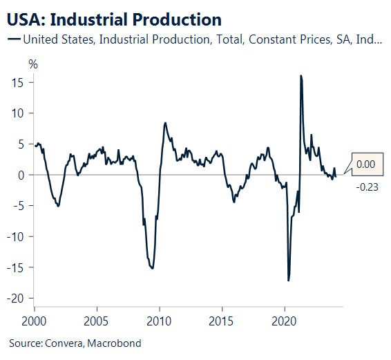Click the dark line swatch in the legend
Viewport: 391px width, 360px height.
13,39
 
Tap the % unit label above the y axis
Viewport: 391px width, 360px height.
32,64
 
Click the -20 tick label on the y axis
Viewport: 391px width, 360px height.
17,298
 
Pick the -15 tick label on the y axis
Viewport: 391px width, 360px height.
17,267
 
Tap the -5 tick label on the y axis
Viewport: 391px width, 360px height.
19,206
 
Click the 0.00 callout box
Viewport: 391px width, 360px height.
365,164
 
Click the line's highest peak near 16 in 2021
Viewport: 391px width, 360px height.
301,75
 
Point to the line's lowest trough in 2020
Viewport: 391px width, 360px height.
288,281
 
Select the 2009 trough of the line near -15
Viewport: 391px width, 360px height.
152,268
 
